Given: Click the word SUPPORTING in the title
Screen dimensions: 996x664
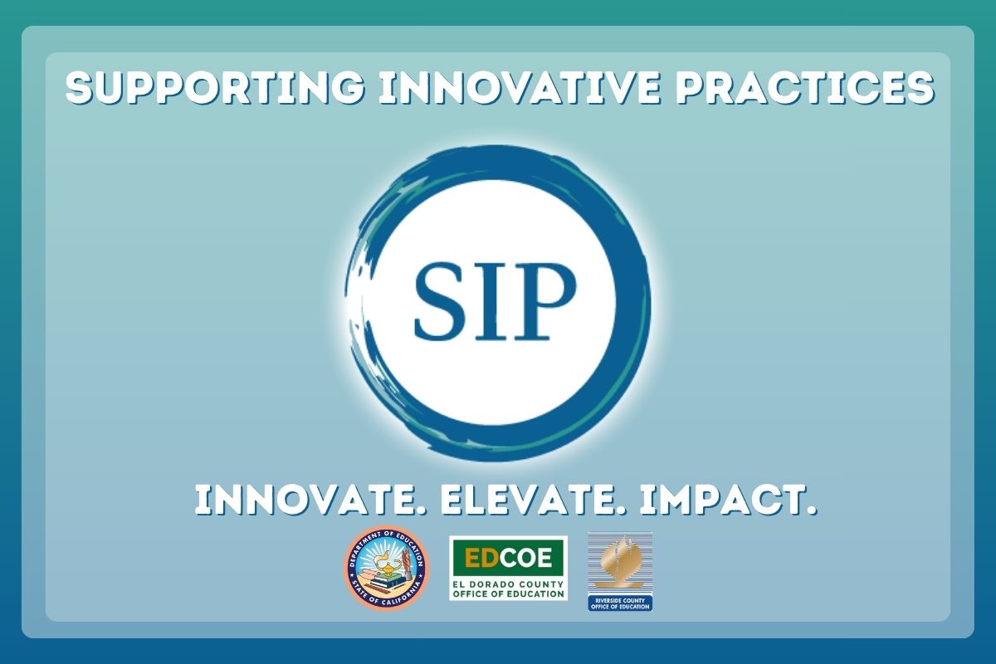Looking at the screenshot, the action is (215, 89).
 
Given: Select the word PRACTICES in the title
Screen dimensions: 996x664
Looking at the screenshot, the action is (804, 89).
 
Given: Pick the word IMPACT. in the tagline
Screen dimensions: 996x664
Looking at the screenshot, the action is (728, 500).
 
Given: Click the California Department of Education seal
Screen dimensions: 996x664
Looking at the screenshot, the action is (386, 569).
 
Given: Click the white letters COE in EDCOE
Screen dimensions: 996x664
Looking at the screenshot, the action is (525, 558).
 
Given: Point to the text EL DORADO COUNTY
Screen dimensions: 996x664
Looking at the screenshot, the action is (508, 584).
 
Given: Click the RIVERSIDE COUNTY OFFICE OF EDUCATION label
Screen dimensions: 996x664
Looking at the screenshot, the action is (620, 603).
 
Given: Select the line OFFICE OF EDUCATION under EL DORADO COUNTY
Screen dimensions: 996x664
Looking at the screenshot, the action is (508, 593).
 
